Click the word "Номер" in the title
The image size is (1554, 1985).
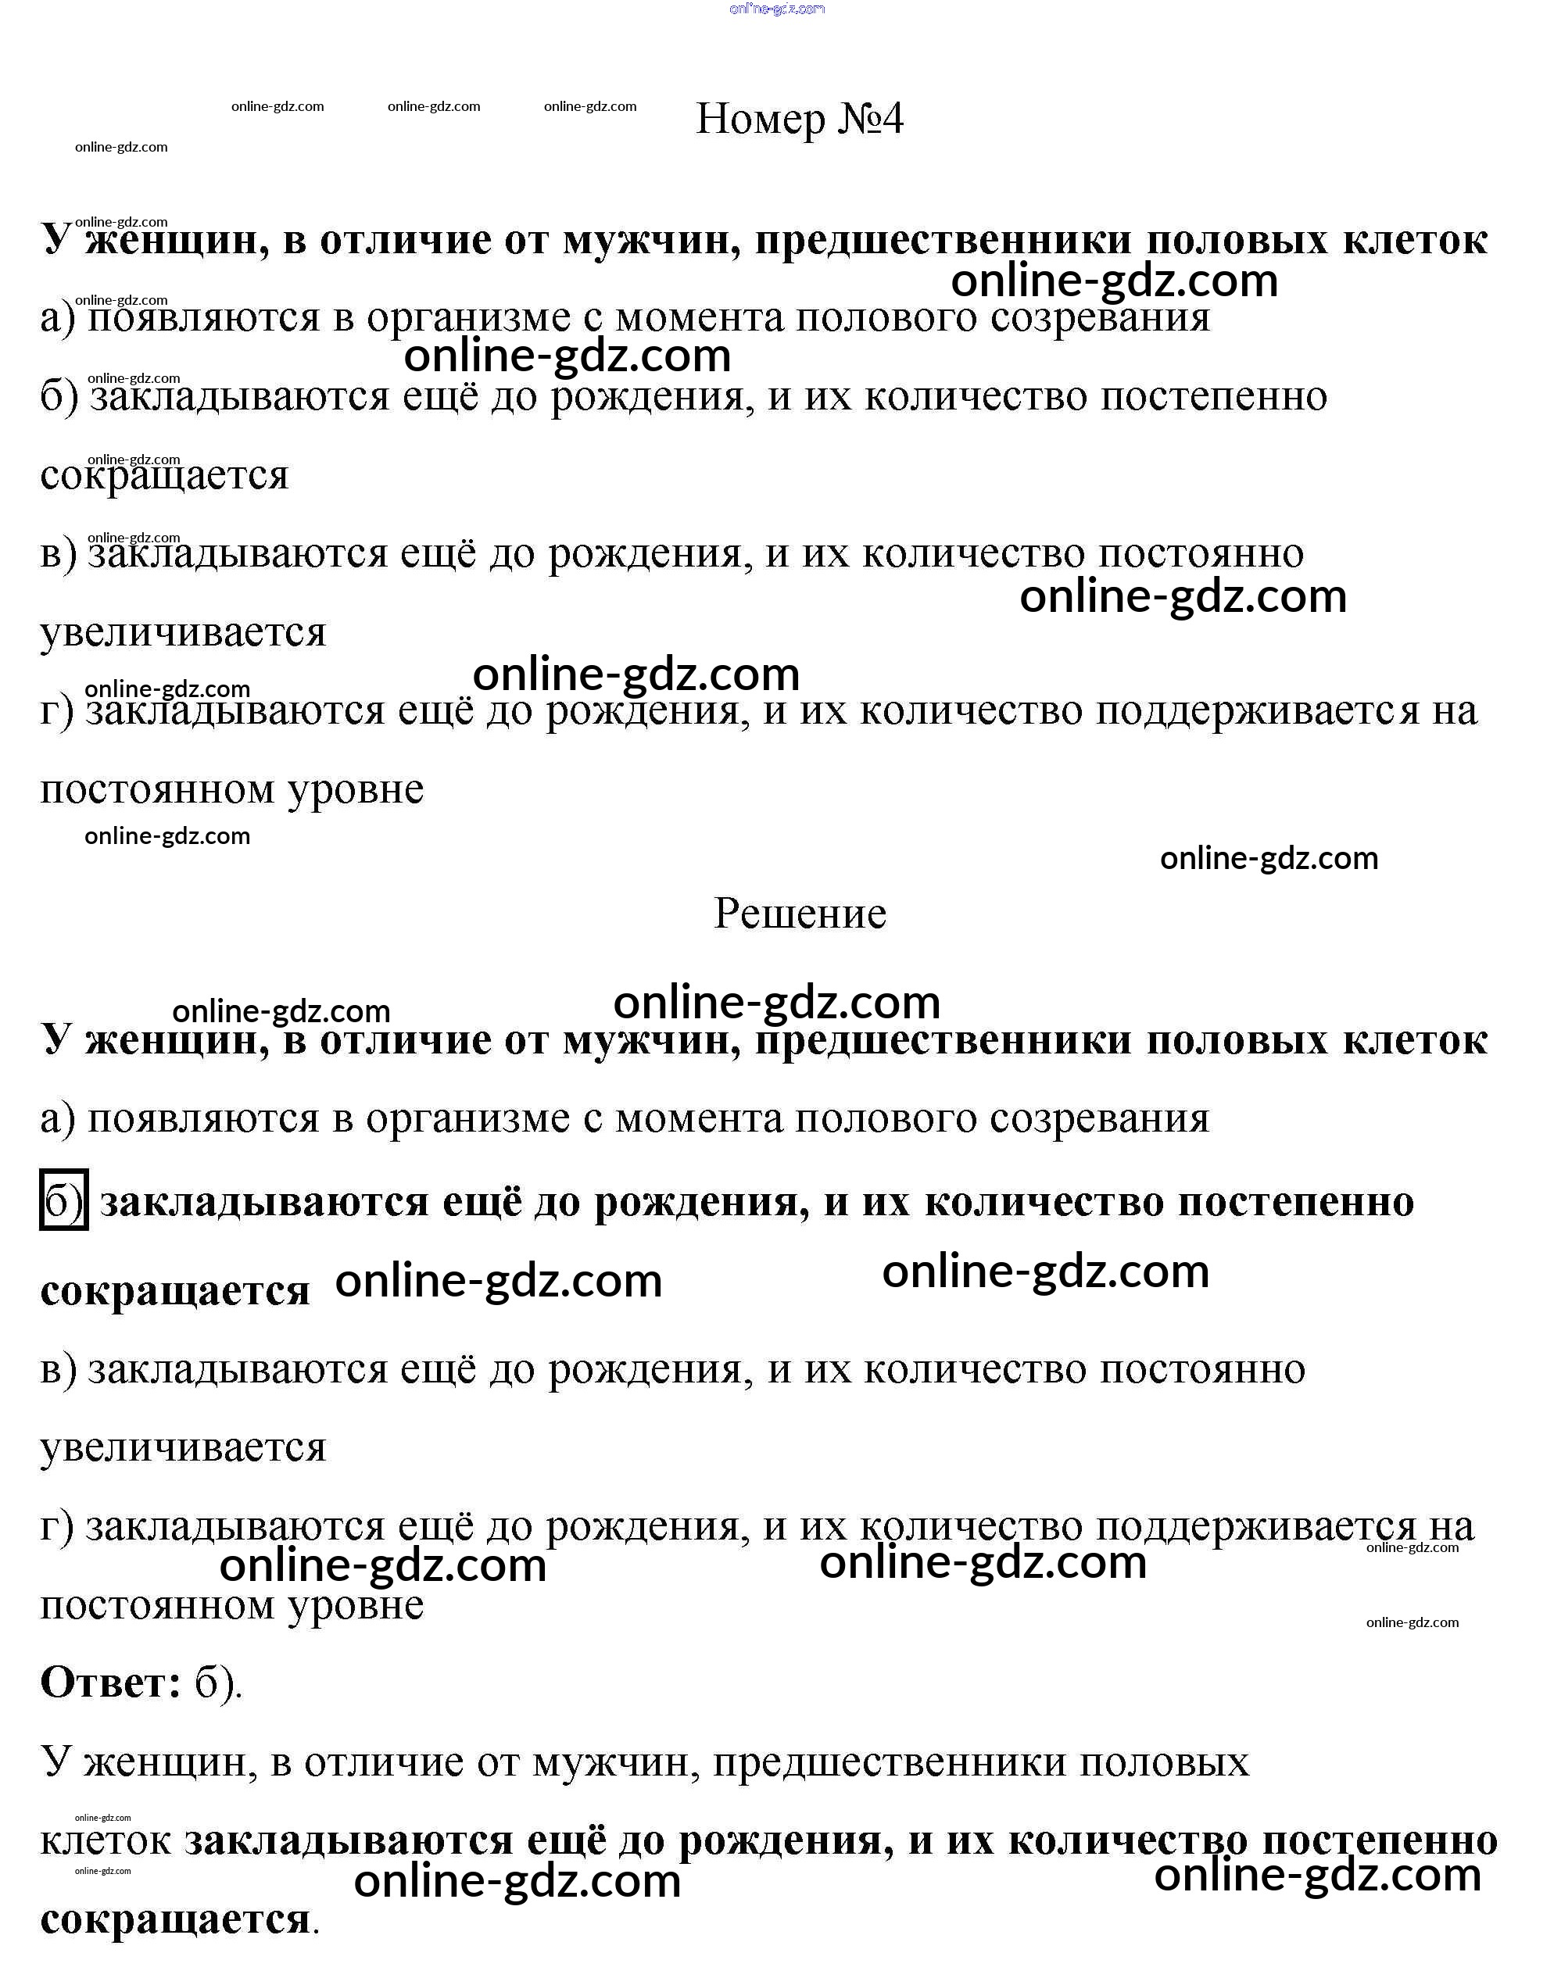(760, 119)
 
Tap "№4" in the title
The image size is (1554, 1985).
(870, 119)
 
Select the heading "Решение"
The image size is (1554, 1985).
(800, 914)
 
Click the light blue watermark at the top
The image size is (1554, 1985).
(777, 9)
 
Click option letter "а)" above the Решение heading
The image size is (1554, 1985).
(57, 318)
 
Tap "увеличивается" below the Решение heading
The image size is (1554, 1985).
(183, 1447)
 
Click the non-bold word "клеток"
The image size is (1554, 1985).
(106, 1842)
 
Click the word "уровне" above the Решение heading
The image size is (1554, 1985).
(356, 789)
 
